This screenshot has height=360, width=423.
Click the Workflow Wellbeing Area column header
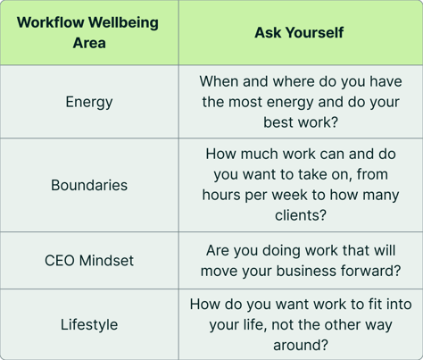pos(89,32)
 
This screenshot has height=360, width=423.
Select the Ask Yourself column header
pos(300,32)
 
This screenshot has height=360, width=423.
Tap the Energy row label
pos(89,101)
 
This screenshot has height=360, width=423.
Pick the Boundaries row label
pos(89,185)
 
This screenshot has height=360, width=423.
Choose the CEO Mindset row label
pos(89,261)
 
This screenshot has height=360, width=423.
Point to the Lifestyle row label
pos(89,324)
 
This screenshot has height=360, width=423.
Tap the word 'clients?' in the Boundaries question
pos(301,214)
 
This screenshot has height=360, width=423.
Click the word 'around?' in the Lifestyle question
pos(301,343)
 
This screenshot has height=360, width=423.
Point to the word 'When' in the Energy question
pos(220,81)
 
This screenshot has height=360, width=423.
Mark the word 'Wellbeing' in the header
pos(125,22)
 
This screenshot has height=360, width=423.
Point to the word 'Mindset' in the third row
pos(106,261)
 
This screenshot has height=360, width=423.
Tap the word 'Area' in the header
pos(89,43)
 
